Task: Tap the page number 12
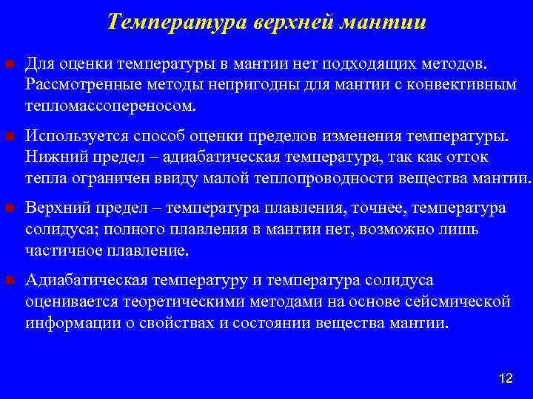pyautogui.click(x=506, y=378)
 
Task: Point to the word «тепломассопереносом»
pyautogui.click(x=110, y=105)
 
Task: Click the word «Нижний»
pyautogui.click(x=51, y=157)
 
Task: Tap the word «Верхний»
pyautogui.click(x=54, y=209)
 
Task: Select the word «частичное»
pyautogui.click(x=59, y=250)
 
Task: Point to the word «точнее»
pyautogui.click(x=375, y=209)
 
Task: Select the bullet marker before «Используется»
pyautogui.click(x=9, y=137)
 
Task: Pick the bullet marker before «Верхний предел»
pyautogui.click(x=9, y=209)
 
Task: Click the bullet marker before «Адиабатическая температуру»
pyautogui.click(x=9, y=282)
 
